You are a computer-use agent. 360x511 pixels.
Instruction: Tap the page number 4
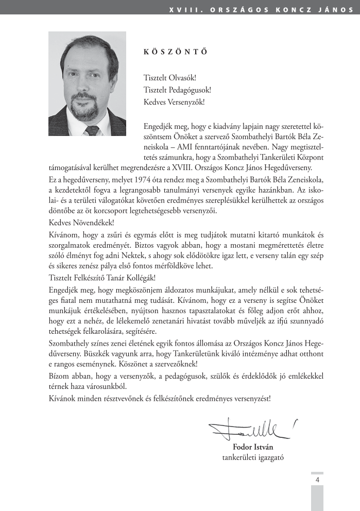(317, 480)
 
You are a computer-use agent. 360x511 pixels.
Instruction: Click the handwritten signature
(253, 428)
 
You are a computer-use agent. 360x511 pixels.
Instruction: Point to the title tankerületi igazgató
(253, 457)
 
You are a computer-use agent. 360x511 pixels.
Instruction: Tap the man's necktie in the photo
(92, 130)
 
